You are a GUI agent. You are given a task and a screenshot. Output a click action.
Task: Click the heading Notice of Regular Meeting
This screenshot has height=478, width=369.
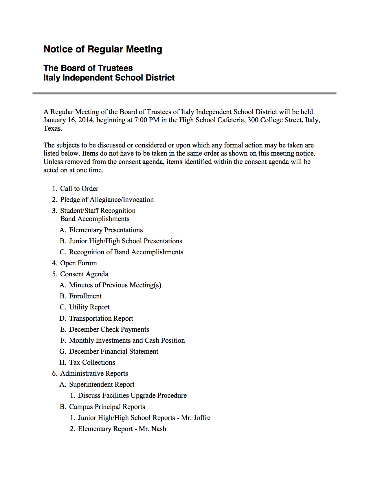pyautogui.click(x=103, y=49)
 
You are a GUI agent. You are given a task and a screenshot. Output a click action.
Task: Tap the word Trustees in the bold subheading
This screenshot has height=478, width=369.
pyautogui.click(x=115, y=68)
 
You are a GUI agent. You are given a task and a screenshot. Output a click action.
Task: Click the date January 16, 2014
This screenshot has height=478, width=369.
pyautogui.click(x=68, y=120)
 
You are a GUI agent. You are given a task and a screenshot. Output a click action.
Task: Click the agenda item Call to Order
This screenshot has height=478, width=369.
pyautogui.click(x=79, y=189)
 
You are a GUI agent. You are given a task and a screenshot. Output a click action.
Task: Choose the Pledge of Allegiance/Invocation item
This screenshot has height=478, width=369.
pyautogui.click(x=107, y=200)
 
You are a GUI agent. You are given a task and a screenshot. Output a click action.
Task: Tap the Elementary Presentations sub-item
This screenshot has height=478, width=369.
pyautogui.click(x=106, y=230)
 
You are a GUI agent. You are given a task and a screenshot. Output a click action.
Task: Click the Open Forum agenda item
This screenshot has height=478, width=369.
pyautogui.click(x=78, y=263)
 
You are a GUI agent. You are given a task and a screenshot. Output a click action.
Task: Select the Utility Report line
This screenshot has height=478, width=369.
pyautogui.click(x=89, y=307)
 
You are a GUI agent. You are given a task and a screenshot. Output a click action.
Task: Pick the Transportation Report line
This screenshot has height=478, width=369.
pyautogui.click(x=101, y=318)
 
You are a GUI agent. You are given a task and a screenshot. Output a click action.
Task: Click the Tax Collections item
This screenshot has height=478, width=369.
pyautogui.click(x=92, y=362)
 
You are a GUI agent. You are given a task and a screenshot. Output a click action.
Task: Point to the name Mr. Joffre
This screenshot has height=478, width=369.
pyautogui.click(x=196, y=418)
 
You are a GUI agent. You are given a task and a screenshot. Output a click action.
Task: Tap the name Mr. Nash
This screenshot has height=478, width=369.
pyautogui.click(x=153, y=429)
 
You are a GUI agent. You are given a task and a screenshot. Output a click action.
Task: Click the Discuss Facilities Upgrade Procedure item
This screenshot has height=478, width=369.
pyautogui.click(x=132, y=395)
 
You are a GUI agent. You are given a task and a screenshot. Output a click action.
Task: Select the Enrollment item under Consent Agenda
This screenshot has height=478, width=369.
pyautogui.click(x=85, y=296)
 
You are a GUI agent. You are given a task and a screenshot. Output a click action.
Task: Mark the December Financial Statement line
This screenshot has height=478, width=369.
pyautogui.click(x=114, y=351)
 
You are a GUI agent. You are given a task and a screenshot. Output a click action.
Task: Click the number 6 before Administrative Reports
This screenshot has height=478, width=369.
pyautogui.click(x=54, y=374)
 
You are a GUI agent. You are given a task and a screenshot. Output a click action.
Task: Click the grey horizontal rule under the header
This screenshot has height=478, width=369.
pyautogui.click(x=184, y=93)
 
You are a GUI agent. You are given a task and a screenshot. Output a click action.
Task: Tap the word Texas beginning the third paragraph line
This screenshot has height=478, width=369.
pyautogui.click(x=52, y=128)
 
